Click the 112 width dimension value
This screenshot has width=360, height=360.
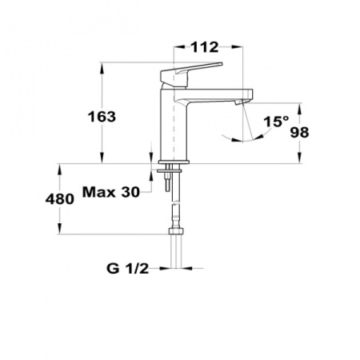[205, 47]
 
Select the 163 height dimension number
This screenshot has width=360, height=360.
[102, 117]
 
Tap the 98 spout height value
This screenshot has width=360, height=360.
[299, 132]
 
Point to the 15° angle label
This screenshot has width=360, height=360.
[276, 122]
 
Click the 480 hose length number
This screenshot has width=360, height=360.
[60, 199]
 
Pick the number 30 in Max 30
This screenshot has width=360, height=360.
[130, 192]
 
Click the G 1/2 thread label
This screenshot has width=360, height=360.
[127, 268]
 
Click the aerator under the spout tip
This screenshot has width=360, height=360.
[240, 102]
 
